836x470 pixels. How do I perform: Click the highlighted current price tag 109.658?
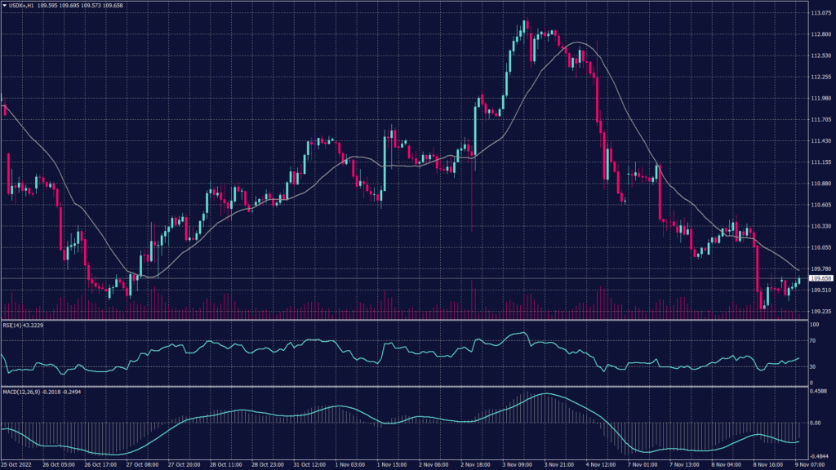820,278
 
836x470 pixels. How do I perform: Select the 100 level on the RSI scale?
813,325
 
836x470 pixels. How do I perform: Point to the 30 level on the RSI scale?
812,367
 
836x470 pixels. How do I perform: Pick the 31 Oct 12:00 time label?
308,464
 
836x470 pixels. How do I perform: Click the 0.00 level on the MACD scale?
814,423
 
